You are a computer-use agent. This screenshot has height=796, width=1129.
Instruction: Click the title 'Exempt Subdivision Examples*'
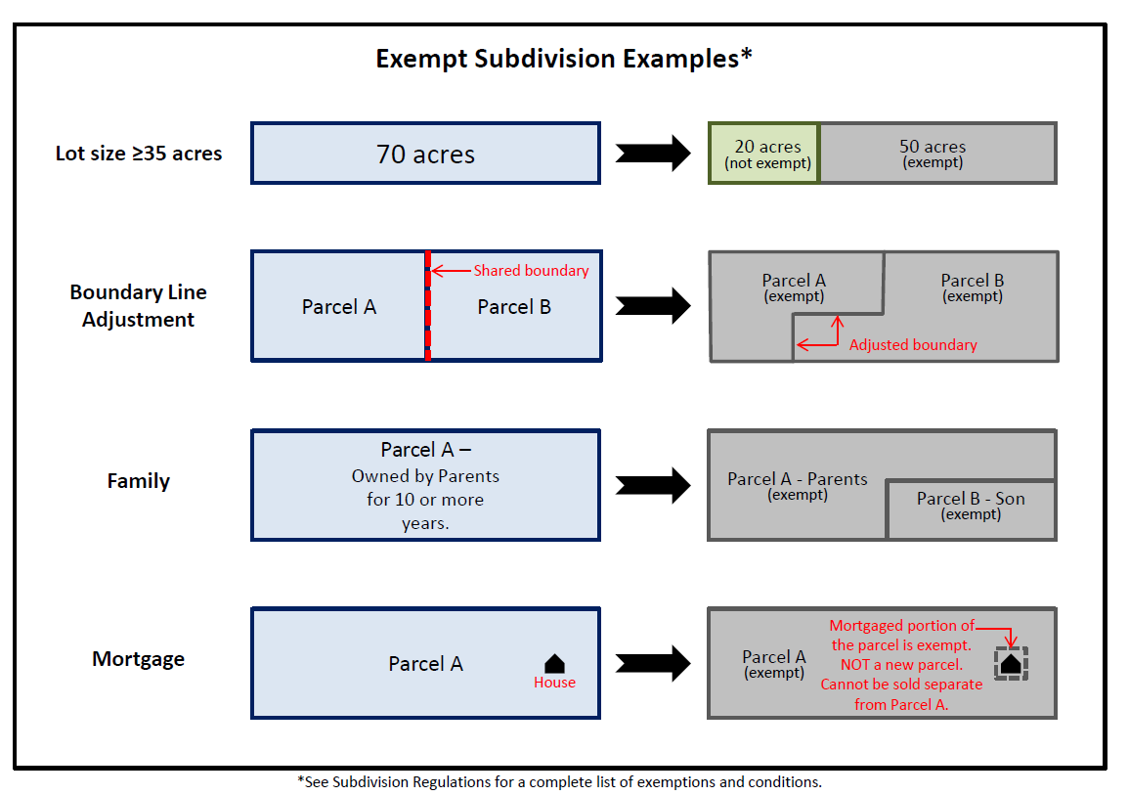click(564, 59)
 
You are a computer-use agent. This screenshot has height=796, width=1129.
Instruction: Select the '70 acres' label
click(425, 154)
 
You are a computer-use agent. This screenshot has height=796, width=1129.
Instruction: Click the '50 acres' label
click(933, 147)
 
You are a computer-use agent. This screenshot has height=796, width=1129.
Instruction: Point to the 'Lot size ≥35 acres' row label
click(138, 154)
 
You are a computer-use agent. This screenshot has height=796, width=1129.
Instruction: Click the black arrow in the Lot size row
click(653, 154)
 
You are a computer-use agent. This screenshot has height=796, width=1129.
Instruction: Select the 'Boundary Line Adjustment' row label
click(138, 305)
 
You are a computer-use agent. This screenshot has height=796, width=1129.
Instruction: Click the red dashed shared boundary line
click(427, 323)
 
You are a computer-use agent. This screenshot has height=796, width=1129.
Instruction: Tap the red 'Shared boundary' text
click(531, 271)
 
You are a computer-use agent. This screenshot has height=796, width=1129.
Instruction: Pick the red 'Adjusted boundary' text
click(913, 344)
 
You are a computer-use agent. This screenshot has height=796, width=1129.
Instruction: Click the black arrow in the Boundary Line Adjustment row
click(653, 306)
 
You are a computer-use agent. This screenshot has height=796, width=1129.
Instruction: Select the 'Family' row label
click(138, 481)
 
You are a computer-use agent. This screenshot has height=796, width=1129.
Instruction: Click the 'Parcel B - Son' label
click(971, 499)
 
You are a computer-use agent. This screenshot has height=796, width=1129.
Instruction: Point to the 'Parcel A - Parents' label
click(797, 479)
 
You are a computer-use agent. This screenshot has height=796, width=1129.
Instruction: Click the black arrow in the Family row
click(653, 485)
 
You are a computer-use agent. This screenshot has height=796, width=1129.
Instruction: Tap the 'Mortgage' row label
click(138, 659)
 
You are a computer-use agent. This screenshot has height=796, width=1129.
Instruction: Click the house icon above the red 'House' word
click(554, 663)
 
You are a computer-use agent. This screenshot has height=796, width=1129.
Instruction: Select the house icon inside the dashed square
click(1011, 664)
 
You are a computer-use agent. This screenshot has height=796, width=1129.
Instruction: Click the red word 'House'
click(554, 683)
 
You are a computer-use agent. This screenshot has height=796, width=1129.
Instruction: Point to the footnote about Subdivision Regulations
click(559, 782)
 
